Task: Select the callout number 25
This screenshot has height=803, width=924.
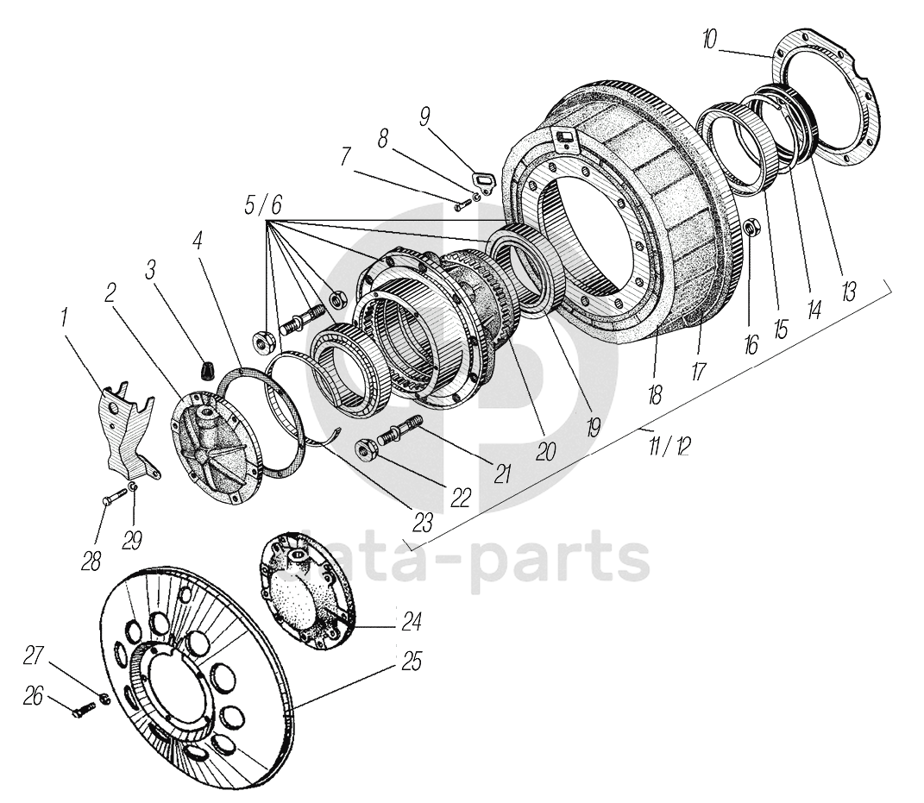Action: click(411, 662)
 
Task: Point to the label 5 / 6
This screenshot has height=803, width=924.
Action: click(263, 205)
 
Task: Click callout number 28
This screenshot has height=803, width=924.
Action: click(91, 561)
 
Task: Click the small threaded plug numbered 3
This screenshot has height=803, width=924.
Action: click(206, 370)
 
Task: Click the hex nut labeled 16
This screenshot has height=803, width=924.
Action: click(751, 228)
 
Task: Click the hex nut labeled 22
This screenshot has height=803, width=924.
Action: click(366, 449)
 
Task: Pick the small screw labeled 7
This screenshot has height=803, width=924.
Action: click(460, 204)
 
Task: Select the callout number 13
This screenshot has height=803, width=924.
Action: click(849, 290)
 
